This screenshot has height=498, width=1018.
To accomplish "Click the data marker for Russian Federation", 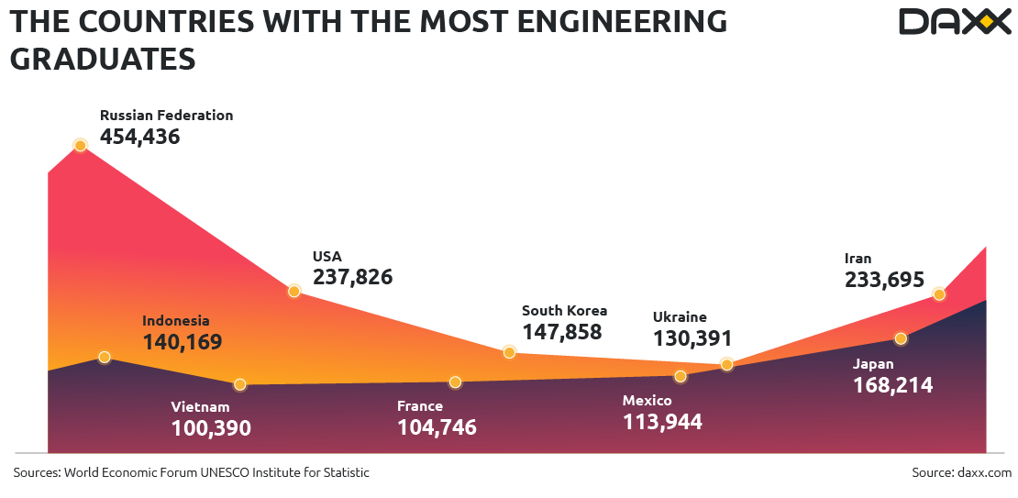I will [x=80, y=145].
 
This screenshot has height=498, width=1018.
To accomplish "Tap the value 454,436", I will [x=139, y=138].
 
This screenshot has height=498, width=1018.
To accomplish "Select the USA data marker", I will [x=294, y=291].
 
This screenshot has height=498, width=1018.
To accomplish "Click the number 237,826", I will [x=352, y=277].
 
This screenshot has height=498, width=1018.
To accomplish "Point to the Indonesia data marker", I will [x=105, y=357].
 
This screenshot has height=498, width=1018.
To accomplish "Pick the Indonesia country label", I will [x=176, y=321].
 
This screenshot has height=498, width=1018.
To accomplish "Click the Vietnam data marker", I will [x=240, y=384].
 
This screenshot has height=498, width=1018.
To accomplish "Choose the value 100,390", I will [x=211, y=428].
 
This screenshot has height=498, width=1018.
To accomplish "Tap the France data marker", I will [x=455, y=382].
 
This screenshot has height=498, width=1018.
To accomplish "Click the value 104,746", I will [x=437, y=427].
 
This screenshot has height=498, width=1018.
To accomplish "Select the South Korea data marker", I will [x=510, y=351].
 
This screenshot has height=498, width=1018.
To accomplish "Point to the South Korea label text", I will [x=564, y=311].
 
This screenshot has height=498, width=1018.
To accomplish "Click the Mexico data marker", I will [x=680, y=376].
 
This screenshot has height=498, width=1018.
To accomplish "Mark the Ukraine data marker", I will [x=726, y=364].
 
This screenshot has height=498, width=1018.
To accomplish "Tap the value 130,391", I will [x=692, y=338].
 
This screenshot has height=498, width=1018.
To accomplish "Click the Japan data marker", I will [x=901, y=338].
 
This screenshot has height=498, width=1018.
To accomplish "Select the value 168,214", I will [x=892, y=386].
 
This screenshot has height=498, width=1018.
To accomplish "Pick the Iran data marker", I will [x=938, y=293].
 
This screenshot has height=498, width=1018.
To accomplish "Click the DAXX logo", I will [x=954, y=21].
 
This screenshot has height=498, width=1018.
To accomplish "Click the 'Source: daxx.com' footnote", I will [x=961, y=472].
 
